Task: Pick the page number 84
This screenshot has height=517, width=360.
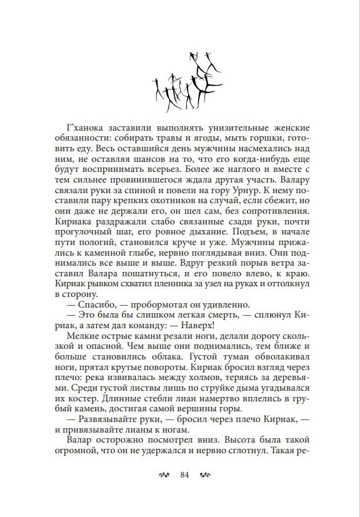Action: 184,475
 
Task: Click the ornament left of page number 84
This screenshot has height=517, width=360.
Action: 165,475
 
